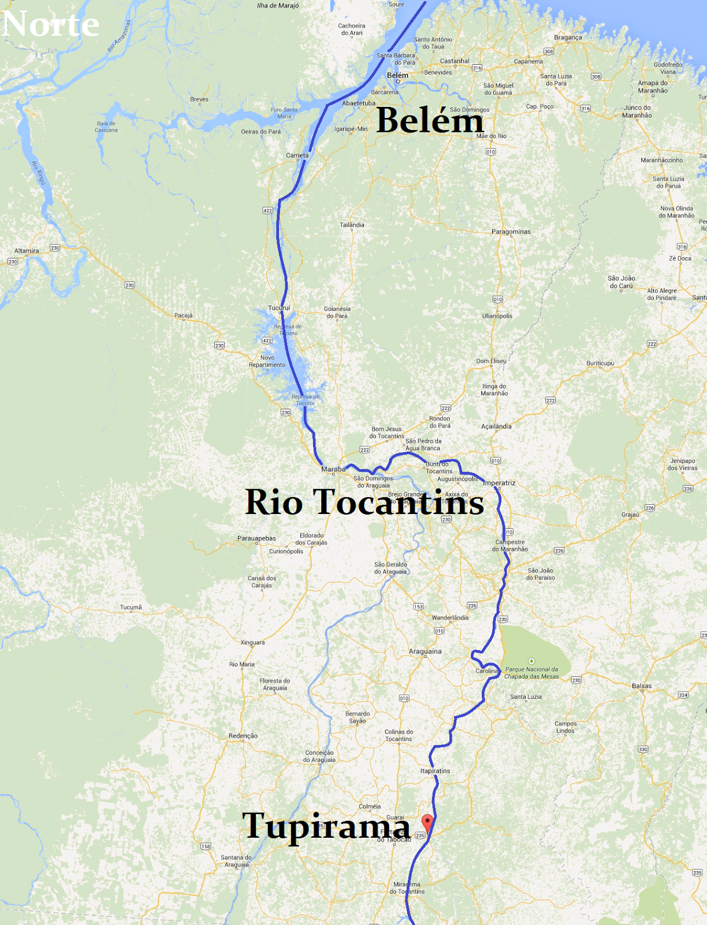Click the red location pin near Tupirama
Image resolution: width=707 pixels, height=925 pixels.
[427, 822]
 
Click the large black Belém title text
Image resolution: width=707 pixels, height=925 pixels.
[430, 120]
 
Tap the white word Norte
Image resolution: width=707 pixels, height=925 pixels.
[50, 24]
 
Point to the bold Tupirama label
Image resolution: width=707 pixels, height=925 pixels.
[326, 825]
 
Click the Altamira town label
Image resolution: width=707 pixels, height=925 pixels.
[27, 251]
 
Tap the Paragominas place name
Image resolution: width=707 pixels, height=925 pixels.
[511, 232]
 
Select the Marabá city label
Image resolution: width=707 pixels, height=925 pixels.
[333, 469]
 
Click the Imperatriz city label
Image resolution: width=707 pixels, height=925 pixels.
[499, 483]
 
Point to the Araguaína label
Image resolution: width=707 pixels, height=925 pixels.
[425, 652]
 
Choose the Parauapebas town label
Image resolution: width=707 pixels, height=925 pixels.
[256, 538]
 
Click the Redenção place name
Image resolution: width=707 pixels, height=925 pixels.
[243, 736]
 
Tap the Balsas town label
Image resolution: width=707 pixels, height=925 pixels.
[642, 686]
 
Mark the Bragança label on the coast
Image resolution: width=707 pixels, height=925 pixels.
[568, 38]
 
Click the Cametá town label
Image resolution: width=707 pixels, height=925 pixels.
[297, 156]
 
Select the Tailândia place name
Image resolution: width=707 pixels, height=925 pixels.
[352, 225]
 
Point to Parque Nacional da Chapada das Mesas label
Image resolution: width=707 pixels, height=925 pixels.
[532, 673]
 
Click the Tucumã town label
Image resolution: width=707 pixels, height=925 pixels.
[131, 608]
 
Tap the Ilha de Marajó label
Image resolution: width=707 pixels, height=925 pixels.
[278, 6]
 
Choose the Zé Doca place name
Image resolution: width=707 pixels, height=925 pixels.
[680, 258]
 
